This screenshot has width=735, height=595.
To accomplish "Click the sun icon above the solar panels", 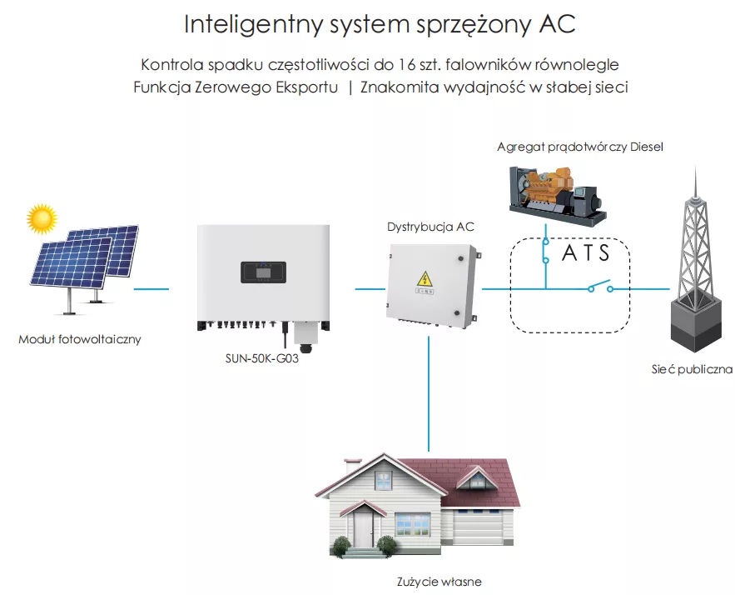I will [41, 218].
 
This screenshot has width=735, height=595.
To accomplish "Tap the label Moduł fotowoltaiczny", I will [80, 339].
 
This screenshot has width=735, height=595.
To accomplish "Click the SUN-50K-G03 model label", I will [261, 359].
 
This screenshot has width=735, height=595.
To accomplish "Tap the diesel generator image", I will [554, 192].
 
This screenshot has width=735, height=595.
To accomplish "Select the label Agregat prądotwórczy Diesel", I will [579, 147].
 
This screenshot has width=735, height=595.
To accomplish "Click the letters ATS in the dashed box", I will [586, 252].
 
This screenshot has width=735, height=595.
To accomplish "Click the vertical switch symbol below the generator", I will [545, 250].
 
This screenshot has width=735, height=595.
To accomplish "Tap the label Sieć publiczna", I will [692, 369].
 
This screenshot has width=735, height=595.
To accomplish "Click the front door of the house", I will [364, 527].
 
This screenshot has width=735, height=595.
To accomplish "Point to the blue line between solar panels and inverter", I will [151, 290].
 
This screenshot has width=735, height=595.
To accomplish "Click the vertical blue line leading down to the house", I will [429, 392].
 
